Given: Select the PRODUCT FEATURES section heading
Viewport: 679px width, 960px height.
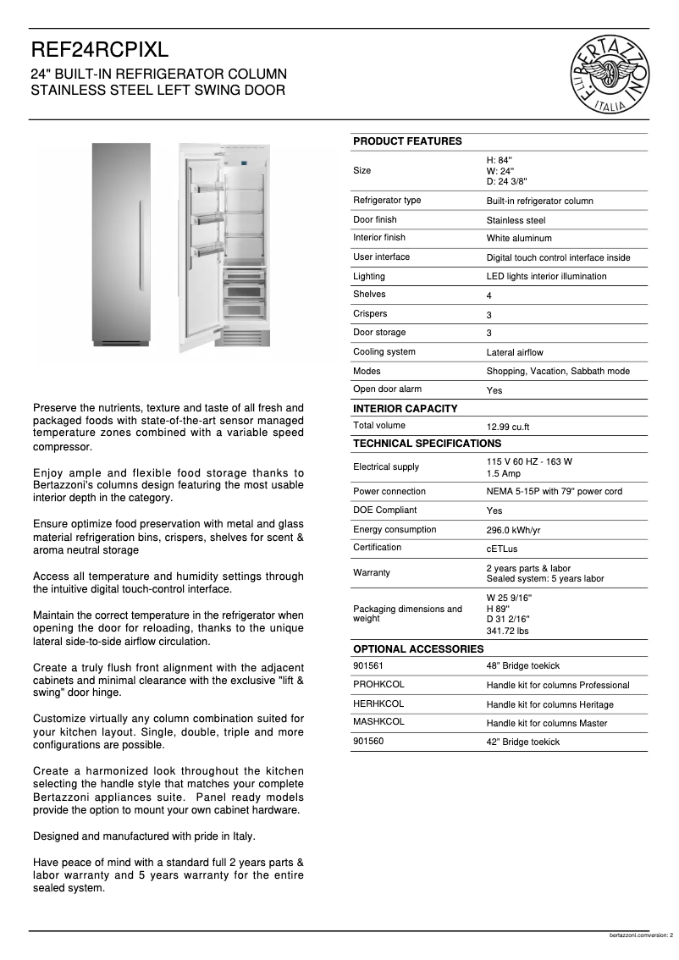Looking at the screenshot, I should point(407,141).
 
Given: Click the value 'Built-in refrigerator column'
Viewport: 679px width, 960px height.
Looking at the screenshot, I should point(539,201).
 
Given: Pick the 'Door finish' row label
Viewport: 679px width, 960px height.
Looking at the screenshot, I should point(374,220).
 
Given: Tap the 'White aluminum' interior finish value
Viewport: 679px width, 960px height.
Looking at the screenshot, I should point(518,239).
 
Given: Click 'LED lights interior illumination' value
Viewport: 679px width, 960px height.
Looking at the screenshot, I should point(546,277).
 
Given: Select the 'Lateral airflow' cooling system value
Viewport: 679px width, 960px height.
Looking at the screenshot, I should point(514,352).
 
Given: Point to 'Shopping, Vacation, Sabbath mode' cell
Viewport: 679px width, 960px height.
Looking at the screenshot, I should point(557,372).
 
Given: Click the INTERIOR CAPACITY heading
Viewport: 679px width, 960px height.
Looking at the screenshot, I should point(405,409).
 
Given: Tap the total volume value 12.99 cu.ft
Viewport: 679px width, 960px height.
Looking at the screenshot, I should point(508,428).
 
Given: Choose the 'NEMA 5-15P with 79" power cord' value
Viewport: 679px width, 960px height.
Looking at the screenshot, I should point(554,492).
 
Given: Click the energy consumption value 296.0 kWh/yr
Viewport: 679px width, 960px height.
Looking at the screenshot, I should point(513,530).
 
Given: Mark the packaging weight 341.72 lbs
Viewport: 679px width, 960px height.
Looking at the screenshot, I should point(507,632).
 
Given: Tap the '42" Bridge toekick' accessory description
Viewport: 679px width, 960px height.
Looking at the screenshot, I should point(522,742).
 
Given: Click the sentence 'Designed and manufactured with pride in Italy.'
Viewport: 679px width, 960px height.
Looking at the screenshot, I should point(144,836).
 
